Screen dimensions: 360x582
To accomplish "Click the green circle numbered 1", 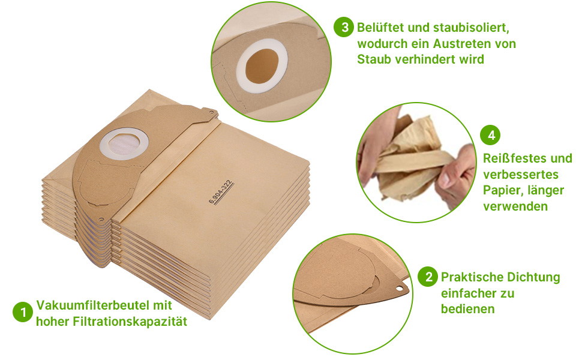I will pyautogui.click(x=23, y=313).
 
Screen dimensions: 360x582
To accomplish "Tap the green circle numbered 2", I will pyautogui.click(x=428, y=277).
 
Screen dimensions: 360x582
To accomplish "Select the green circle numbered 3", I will pyautogui.click(x=344, y=28).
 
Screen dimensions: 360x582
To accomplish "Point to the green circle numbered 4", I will pyautogui.click(x=491, y=135).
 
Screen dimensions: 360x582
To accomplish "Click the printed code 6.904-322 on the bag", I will pyautogui.click(x=221, y=193).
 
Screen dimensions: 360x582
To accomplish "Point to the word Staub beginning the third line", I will pyautogui.click(x=373, y=59).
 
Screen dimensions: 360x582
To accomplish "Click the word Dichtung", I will pyautogui.click(x=534, y=277).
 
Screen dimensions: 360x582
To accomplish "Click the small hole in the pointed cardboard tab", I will pyautogui.click(x=397, y=290).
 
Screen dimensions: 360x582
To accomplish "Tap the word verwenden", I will pyautogui.click(x=515, y=206).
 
